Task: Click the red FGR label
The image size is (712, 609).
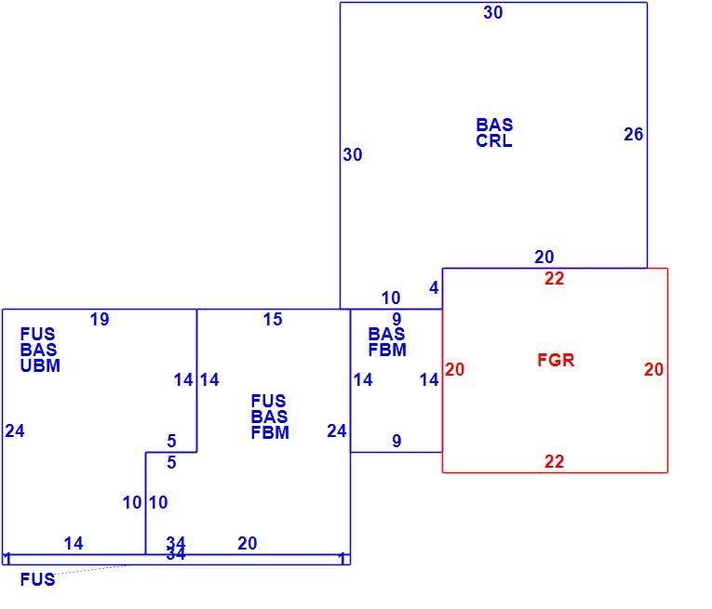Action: tap(556, 360)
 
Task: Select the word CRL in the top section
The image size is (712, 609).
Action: tap(494, 140)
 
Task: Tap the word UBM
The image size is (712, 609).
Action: tap(40, 365)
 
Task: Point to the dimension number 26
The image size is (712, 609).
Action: tap(634, 134)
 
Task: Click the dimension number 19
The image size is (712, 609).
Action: tap(100, 319)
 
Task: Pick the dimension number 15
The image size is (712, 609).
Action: tap(273, 319)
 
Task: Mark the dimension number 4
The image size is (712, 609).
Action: tap(434, 288)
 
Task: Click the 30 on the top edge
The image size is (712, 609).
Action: tap(493, 12)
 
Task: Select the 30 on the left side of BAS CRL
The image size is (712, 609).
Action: tap(353, 154)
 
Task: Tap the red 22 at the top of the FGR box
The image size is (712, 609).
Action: tap(555, 278)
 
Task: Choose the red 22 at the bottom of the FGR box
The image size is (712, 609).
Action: tap(555, 461)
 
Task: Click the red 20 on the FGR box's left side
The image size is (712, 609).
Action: tap(454, 369)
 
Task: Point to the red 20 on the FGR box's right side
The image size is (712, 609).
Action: tap(654, 369)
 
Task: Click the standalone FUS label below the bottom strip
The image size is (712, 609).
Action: tap(37, 579)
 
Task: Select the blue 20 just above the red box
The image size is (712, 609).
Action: tap(544, 258)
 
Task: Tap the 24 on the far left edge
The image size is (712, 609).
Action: tap(15, 430)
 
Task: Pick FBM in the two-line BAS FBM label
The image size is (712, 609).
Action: tap(387, 351)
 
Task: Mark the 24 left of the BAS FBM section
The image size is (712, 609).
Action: tap(337, 430)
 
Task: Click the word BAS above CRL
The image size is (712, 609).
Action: tap(494, 125)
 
